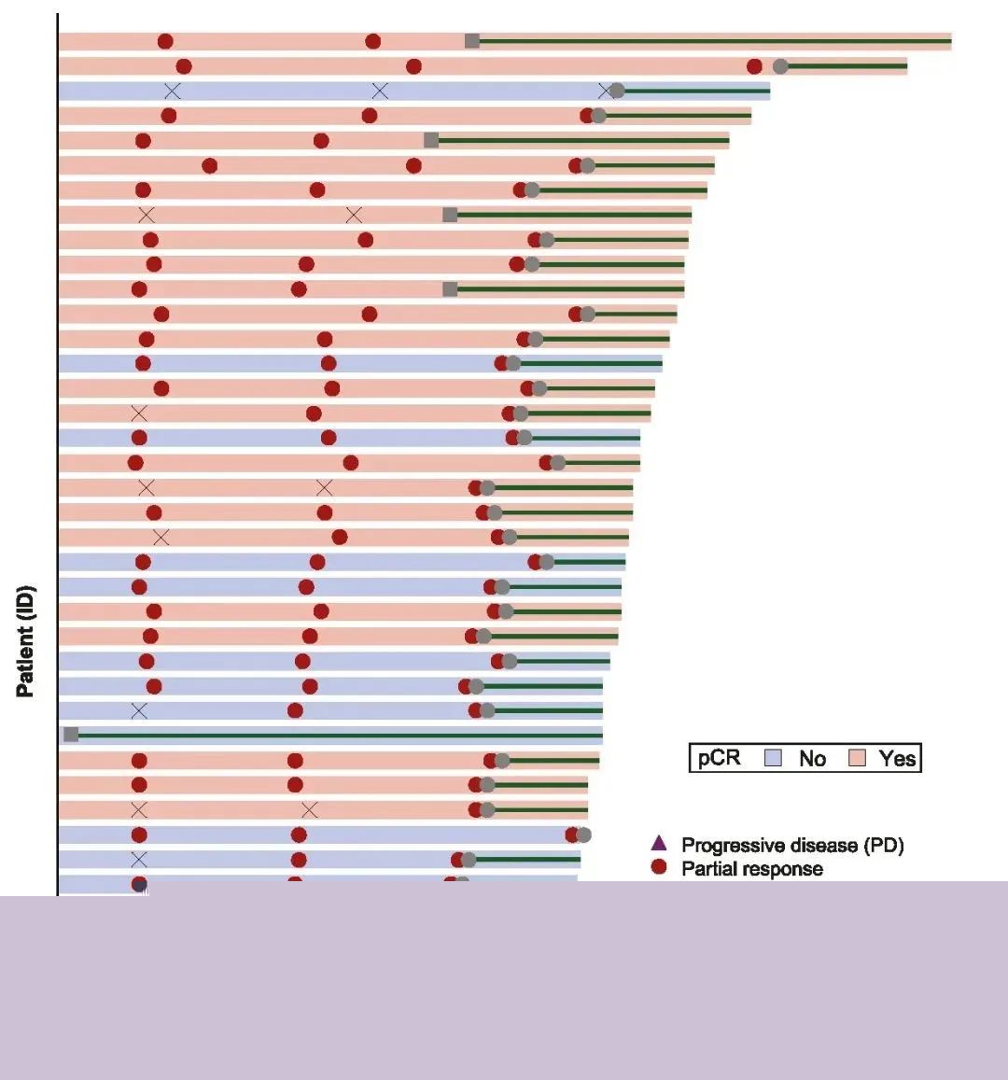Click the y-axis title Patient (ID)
(25, 641)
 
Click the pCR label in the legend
(719, 757)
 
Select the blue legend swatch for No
(773, 758)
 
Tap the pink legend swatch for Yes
(857, 758)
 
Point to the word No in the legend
(812, 759)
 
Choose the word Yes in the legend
(897, 759)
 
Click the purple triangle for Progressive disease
(659, 843)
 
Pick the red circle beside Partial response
(659, 868)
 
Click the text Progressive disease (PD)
(792, 845)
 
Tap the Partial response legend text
(752, 869)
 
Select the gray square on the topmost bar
(472, 40)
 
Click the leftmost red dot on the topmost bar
(165, 41)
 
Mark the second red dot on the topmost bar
(373, 41)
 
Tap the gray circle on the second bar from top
(780, 66)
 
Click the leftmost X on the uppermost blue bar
(173, 91)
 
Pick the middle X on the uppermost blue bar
(380, 91)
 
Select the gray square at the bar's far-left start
(71, 735)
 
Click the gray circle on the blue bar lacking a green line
(583, 835)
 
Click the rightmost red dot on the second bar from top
(754, 66)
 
